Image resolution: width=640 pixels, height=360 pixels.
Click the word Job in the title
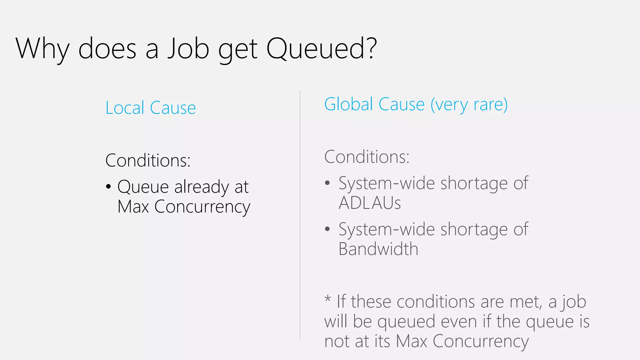[188, 49]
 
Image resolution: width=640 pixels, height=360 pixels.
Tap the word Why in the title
[42, 49]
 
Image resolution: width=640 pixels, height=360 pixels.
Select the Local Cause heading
[151, 108]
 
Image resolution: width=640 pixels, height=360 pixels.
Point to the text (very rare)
[469, 105]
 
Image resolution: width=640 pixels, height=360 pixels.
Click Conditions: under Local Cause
[148, 160]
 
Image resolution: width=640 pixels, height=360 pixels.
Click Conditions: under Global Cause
[367, 157]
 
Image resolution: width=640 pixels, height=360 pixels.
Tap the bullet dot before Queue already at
[108, 187]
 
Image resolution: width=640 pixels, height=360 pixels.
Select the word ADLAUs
[370, 203]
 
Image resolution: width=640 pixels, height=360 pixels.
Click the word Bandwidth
[378, 249]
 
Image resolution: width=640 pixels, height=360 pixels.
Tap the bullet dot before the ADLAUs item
[327, 183]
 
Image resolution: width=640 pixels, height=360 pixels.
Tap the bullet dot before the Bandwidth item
[327, 229]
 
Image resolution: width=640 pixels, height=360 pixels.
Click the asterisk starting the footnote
[327, 298]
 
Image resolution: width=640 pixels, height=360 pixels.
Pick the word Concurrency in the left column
[202, 207]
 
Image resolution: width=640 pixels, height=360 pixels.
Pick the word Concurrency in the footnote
[481, 341]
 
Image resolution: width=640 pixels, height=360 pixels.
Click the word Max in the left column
[133, 207]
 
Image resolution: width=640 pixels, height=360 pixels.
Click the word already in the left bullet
[202, 187]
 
